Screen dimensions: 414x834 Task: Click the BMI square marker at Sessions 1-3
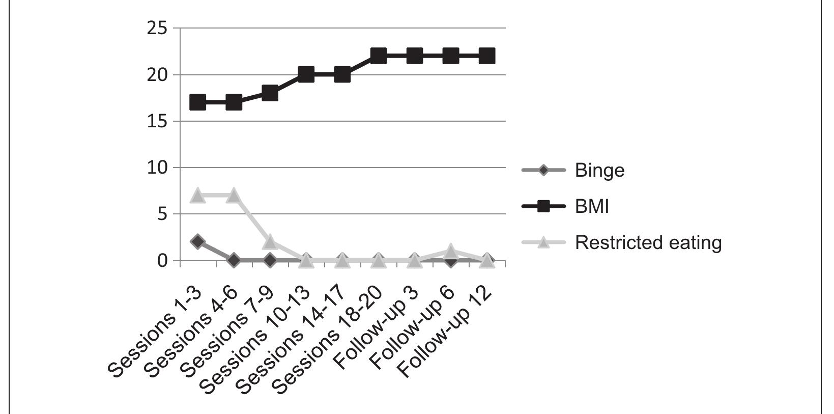pos(197,102)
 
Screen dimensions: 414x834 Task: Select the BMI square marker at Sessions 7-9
pos(270,93)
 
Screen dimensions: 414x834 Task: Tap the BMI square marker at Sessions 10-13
pos(306,74)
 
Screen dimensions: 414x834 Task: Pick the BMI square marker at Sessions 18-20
pos(378,56)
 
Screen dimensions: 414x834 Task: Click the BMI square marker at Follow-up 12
pos(486,56)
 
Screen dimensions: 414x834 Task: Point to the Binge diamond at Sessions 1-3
pos(197,241)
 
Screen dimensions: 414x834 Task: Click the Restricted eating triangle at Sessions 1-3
pos(197,195)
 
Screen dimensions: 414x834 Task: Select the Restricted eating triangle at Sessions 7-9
pos(270,241)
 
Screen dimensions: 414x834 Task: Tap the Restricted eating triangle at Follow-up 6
pos(450,251)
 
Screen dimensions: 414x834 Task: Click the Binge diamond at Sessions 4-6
pos(234,260)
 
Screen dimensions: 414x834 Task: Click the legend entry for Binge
pos(599,170)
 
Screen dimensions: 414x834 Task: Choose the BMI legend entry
pos(591,206)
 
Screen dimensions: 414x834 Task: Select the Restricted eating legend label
pos(648,242)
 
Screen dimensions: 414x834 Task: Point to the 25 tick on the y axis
pos(157,29)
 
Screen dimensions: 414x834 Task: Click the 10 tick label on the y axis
pos(157,168)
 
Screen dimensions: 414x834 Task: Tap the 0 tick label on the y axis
pos(162,261)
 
